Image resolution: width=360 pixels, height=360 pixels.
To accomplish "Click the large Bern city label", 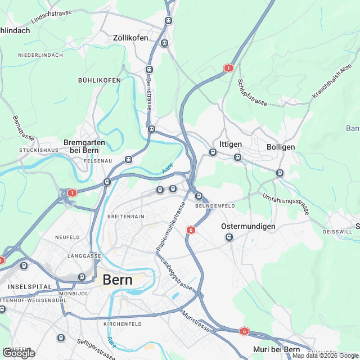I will pos(118,280).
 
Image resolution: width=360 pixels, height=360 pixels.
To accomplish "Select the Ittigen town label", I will pos(230,145).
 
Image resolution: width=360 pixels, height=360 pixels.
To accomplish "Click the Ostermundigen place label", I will pos(248,226).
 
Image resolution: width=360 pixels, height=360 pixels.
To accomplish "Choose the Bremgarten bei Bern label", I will pos(84,146).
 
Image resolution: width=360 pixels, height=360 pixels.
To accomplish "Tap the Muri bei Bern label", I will pos(276,350).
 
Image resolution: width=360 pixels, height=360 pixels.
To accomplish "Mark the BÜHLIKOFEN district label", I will pos(100,80).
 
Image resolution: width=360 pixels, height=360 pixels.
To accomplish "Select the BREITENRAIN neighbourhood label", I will pos(125,217).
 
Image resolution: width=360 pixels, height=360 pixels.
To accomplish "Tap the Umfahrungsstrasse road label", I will pos(286,204).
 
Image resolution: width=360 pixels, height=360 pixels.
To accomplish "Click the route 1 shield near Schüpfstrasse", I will pos(228,68).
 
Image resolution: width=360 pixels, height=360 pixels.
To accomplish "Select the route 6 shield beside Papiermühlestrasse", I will pos(191,230).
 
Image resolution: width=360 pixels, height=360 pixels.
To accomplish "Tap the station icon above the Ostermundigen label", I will pos(229,237).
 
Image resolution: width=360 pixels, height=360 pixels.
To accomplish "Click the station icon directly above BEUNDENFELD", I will pos(199,196).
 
